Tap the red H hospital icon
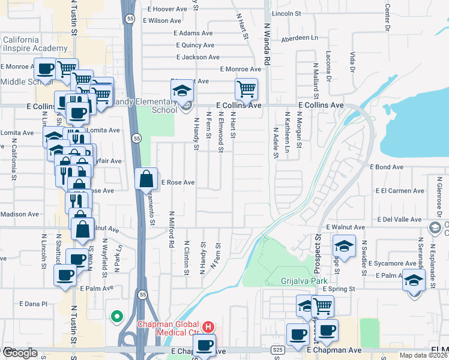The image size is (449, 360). pos(208,327)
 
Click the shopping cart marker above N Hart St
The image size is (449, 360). pos(246,89)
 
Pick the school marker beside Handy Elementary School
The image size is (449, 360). pos(182,91)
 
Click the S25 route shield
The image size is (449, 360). pos(277,349)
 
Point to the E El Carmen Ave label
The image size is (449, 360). pos(399,191)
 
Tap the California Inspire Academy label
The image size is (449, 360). pos(35,44)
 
